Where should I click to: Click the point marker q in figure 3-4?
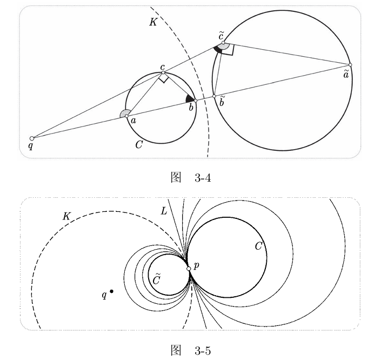pyautogui.click(x=32, y=138)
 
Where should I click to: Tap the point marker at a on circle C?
pyautogui.click(x=126, y=116)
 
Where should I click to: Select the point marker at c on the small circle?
pyautogui.click(x=163, y=72)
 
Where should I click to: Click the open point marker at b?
pyautogui.click(x=196, y=101)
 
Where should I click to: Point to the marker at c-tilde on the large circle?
pyautogui.click(x=223, y=43)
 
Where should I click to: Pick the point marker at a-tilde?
pyautogui.click(x=350, y=65)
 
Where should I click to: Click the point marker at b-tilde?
pyautogui.click(x=214, y=96)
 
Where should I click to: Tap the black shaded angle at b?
pyautogui.click(x=190, y=98)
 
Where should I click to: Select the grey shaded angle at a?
pyautogui.click(x=124, y=114)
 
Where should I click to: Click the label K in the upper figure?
pyautogui.click(x=153, y=22)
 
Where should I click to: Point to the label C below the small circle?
pyautogui.click(x=139, y=145)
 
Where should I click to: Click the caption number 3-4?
pyautogui.click(x=203, y=179)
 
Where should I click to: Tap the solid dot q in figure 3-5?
pyautogui.click(x=111, y=291)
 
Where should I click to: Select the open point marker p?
pyautogui.click(x=189, y=269)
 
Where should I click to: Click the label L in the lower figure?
pyautogui.click(x=164, y=211)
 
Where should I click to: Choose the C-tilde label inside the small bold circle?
pyautogui.click(x=156, y=278)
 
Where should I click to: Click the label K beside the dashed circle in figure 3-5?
pyautogui.click(x=66, y=216)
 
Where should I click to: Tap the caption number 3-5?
pyautogui.click(x=203, y=351)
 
